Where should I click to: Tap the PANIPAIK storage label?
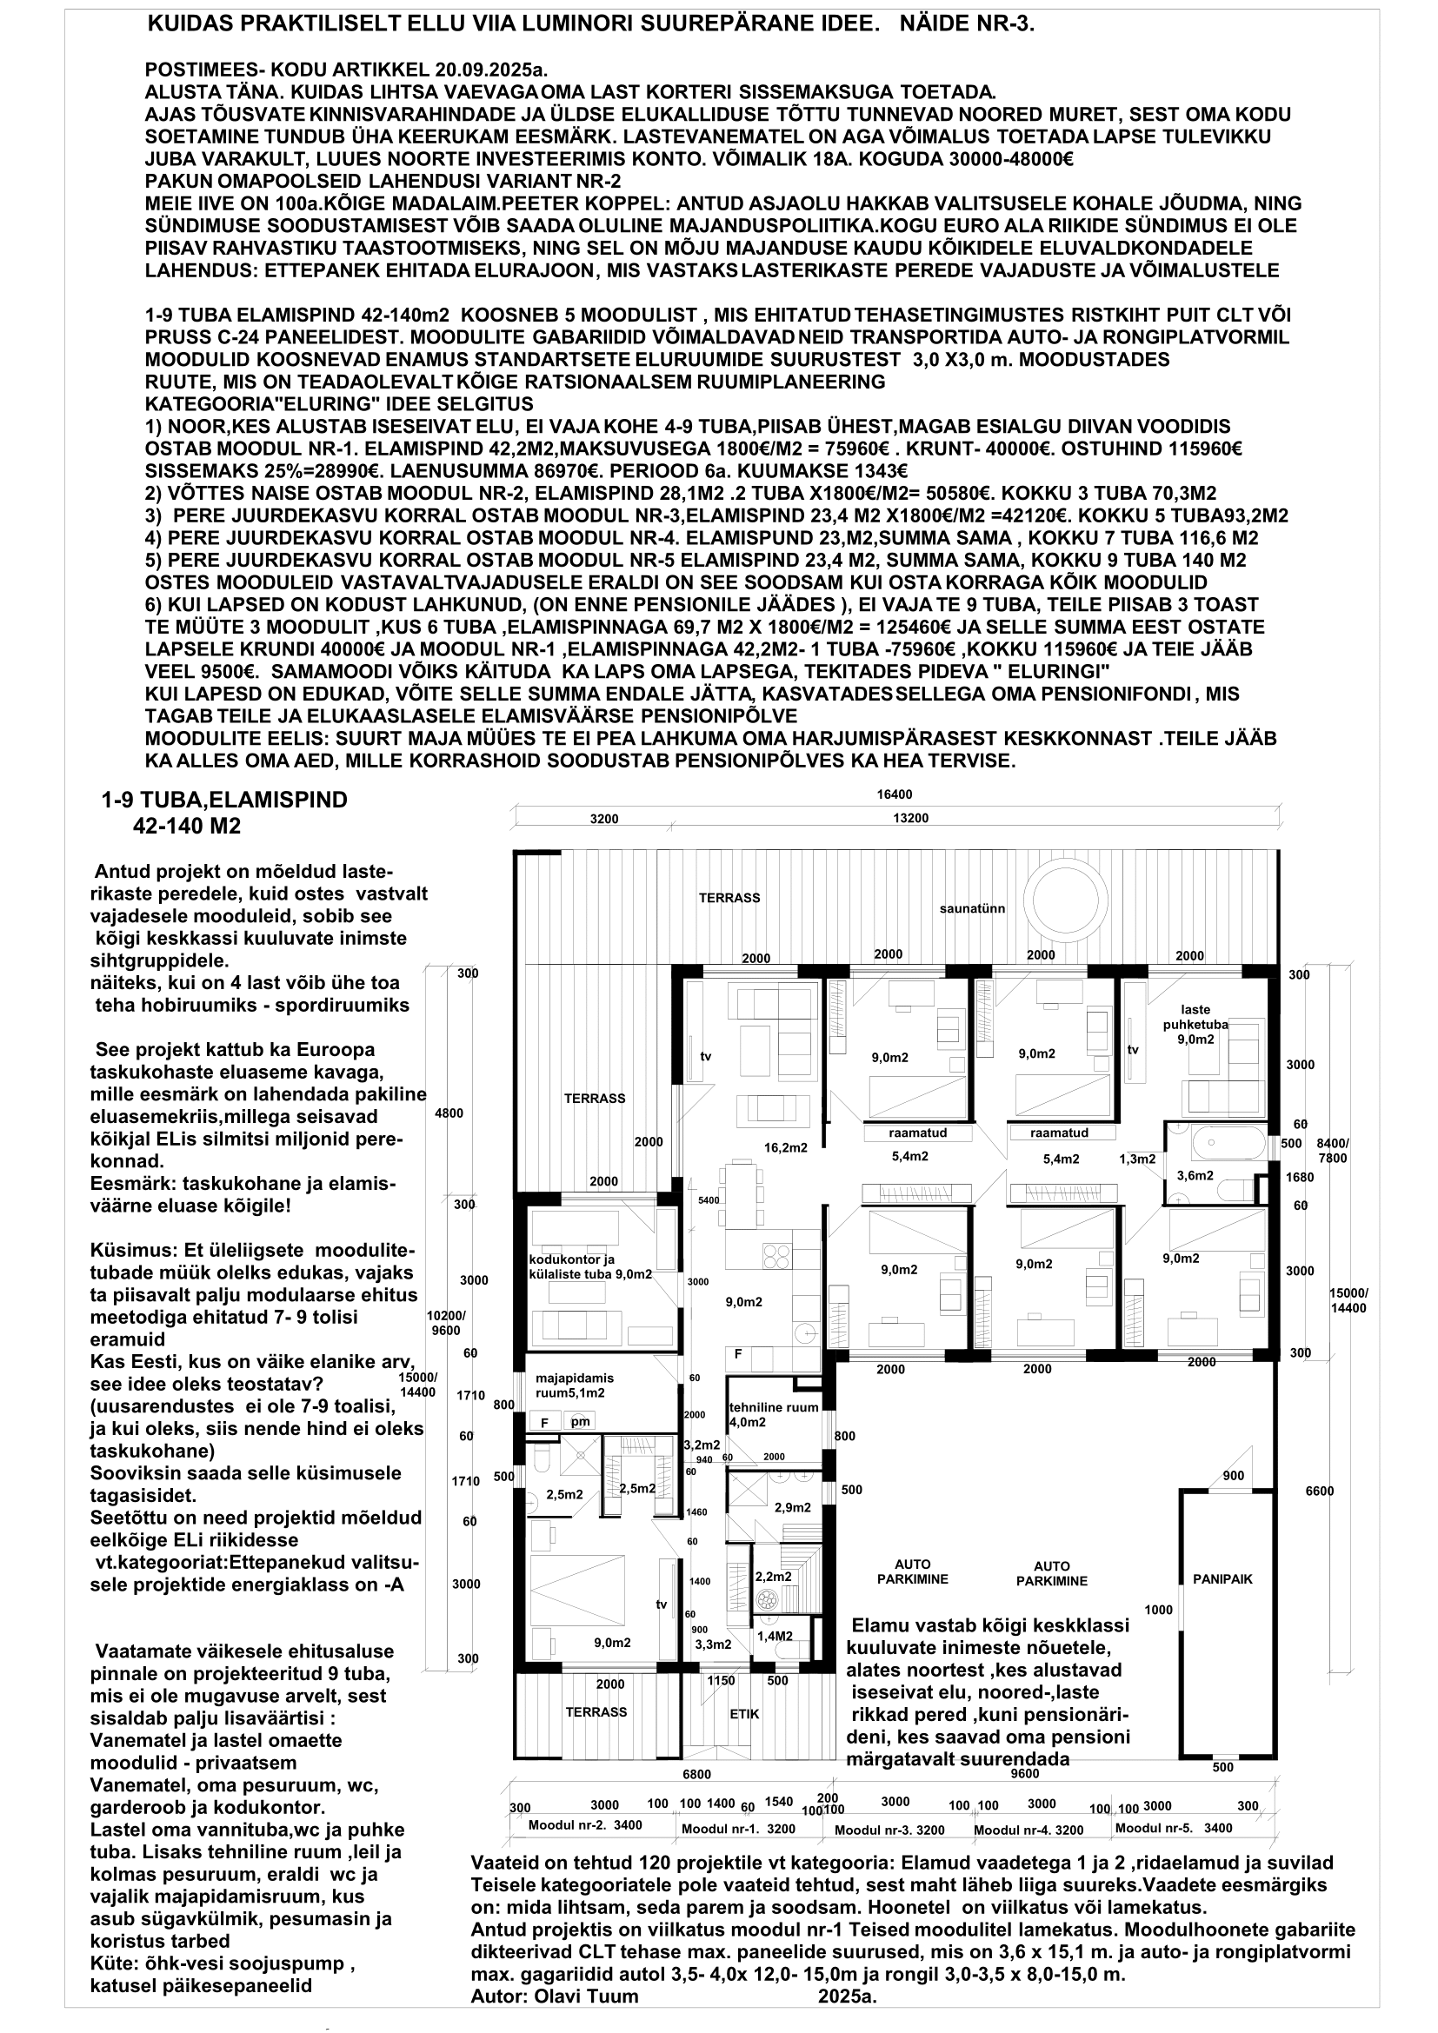pyautogui.click(x=1223, y=1578)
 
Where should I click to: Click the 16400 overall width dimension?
pyautogui.click(x=895, y=794)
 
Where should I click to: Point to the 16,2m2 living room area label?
pyautogui.click(x=785, y=1147)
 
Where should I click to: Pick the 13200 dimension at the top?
pyautogui.click(x=910, y=818)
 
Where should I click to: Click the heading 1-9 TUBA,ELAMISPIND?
pyautogui.click(x=225, y=800)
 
